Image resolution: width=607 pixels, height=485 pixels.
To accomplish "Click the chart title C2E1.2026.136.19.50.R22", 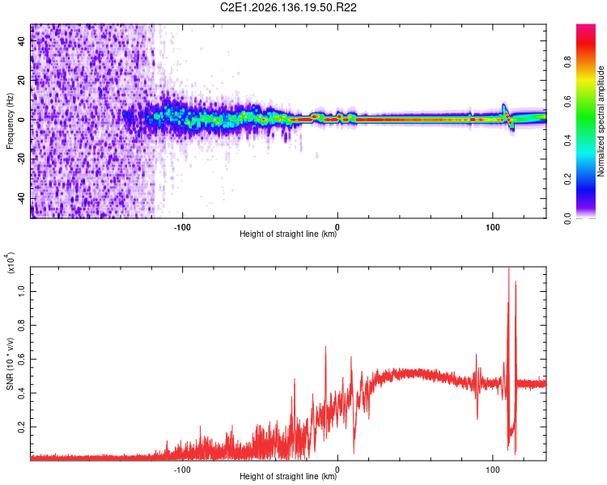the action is click(x=288, y=7).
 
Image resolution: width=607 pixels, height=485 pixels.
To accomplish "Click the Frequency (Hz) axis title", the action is click(x=10, y=121).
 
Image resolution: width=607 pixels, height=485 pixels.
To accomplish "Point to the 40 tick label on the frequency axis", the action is click(x=22, y=40).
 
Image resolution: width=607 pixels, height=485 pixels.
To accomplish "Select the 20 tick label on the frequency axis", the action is click(x=22, y=80).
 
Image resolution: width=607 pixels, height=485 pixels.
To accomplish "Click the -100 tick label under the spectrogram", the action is click(x=182, y=227).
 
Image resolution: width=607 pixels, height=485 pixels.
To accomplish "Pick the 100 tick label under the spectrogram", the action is click(x=492, y=227).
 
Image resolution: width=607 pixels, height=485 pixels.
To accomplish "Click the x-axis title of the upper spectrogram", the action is click(x=288, y=234).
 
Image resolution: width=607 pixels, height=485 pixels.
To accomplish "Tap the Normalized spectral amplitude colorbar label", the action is click(x=601, y=121).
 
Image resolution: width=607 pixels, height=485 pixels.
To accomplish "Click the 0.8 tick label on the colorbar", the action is click(x=567, y=62).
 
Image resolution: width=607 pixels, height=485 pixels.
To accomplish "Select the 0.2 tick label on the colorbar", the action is click(x=567, y=179).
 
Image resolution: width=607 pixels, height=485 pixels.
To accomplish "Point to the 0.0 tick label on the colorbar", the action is click(x=567, y=218).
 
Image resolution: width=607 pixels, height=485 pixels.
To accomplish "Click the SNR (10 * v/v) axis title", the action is click(x=10, y=364).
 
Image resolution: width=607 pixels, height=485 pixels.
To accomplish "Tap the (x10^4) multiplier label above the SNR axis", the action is click(x=10, y=263).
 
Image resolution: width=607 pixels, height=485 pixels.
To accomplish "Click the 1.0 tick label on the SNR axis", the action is click(x=22, y=291).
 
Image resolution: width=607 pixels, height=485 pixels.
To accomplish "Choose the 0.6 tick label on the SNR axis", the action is click(x=22, y=359).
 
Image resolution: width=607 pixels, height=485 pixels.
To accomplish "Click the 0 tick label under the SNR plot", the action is click(x=337, y=470).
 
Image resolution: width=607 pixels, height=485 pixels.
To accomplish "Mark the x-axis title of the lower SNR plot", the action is click(x=288, y=476).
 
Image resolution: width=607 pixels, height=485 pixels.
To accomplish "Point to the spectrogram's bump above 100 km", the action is click(x=504, y=109).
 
